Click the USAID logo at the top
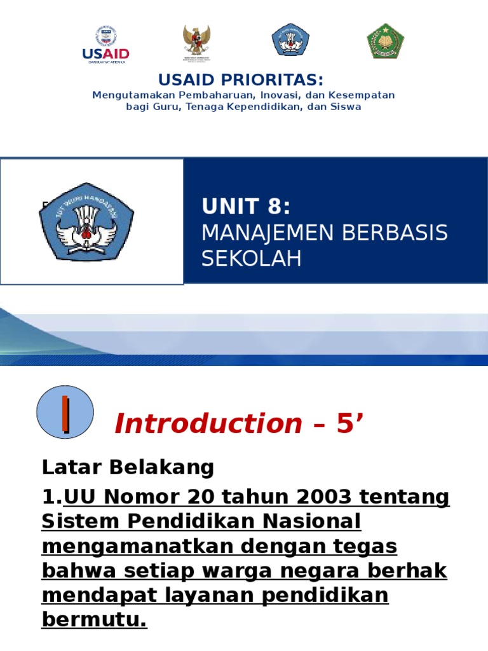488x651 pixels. (x=105, y=45)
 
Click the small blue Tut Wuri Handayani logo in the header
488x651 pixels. (x=290, y=40)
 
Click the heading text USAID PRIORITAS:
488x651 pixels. (x=241, y=80)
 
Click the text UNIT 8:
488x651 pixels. (x=246, y=207)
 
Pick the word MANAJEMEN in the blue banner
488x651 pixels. (x=267, y=233)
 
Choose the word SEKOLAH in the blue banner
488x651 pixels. (x=252, y=259)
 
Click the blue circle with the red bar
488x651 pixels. (x=65, y=412)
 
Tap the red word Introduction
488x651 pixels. (x=208, y=423)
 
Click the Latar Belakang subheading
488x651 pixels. (x=128, y=467)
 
